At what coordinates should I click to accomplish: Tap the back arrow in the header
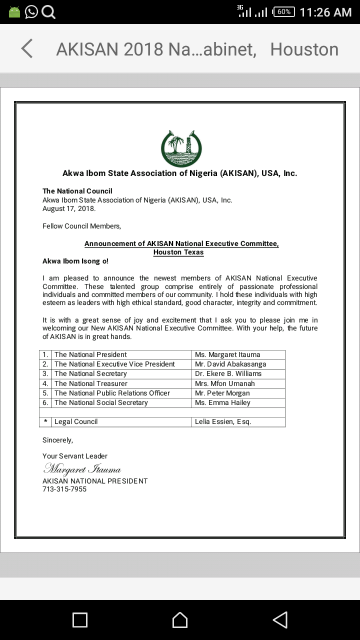pyautogui.click(x=27, y=49)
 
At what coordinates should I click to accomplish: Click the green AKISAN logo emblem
pyautogui.click(x=181, y=148)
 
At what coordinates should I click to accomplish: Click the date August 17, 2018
pyautogui.click(x=69, y=208)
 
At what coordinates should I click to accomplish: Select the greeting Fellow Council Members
pyautogui.click(x=81, y=226)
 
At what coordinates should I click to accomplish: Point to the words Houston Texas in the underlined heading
pyautogui.click(x=178, y=252)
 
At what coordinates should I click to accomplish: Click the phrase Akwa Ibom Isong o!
pyautogui.click(x=75, y=261)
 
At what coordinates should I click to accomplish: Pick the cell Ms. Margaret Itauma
pyautogui.click(x=227, y=354)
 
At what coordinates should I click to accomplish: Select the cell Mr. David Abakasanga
pyautogui.click(x=230, y=364)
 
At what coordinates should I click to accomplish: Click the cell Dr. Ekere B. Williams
pyautogui.click(x=228, y=373)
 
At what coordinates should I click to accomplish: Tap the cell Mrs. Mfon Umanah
pyautogui.click(x=225, y=383)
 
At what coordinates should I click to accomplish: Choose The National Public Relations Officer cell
pyautogui.click(x=112, y=393)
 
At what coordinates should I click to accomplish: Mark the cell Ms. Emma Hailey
pyautogui.click(x=222, y=402)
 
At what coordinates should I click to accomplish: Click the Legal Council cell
pyautogui.click(x=76, y=421)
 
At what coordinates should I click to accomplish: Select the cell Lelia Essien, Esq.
pyautogui.click(x=223, y=421)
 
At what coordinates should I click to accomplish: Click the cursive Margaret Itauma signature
pyautogui.click(x=82, y=469)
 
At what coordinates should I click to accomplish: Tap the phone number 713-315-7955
pyautogui.click(x=64, y=489)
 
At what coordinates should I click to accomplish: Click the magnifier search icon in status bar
pyautogui.click(x=48, y=12)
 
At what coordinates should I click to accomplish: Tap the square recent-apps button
pyautogui.click(x=80, y=620)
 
